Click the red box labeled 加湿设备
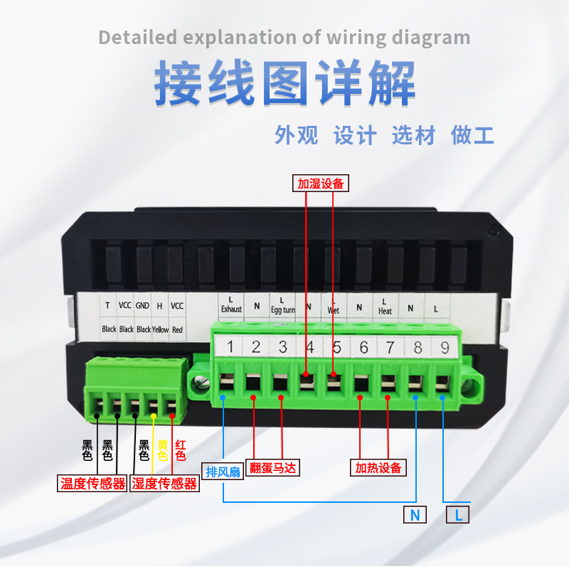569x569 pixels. (x=320, y=184)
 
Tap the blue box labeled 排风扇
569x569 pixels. (x=223, y=472)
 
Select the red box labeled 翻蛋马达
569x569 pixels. (x=271, y=468)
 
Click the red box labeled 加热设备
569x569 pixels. (x=379, y=468)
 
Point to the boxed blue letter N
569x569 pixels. (x=415, y=515)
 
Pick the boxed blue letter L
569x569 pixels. (x=458, y=515)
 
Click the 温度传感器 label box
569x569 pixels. (x=92, y=484)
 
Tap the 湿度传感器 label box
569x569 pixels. (x=164, y=484)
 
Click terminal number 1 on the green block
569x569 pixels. (x=230, y=348)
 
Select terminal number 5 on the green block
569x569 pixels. (x=337, y=348)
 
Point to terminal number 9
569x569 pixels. (x=445, y=348)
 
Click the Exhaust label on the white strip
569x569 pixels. (x=231, y=309)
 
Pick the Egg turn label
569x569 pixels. (x=282, y=310)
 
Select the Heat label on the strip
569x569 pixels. (x=385, y=311)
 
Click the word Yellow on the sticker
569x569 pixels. (x=160, y=329)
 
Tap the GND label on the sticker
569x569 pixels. (x=142, y=306)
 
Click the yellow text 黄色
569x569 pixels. (x=162, y=450)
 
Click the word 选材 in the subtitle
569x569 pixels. (x=413, y=135)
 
